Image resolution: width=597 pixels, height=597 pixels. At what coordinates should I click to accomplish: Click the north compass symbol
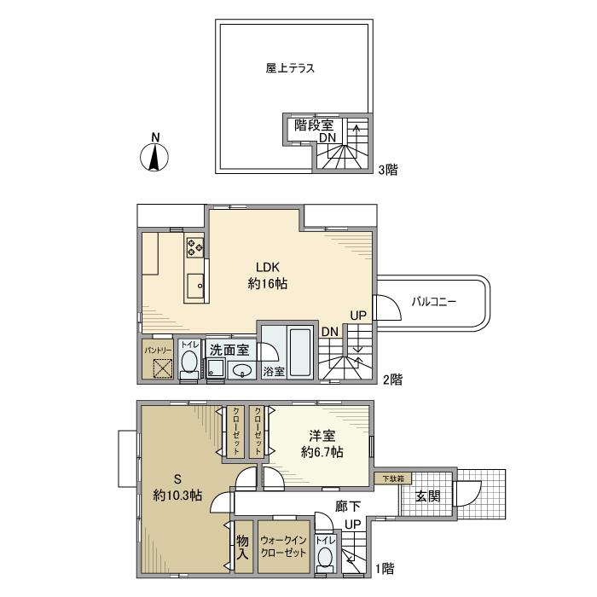pyautogui.click(x=154, y=154)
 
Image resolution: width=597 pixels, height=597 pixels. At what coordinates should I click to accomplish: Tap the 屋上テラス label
pyautogui.click(x=290, y=69)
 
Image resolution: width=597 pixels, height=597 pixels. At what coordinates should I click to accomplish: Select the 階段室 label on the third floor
pyautogui.click(x=314, y=125)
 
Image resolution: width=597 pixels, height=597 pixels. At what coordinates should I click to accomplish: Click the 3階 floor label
pyautogui.click(x=389, y=170)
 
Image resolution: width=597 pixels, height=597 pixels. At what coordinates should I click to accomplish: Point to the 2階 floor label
pyautogui.click(x=391, y=380)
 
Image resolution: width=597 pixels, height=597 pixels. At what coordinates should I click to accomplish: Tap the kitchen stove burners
pyautogui.click(x=195, y=246)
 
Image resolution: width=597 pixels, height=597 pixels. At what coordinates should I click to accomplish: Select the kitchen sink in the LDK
pyautogui.click(x=194, y=282)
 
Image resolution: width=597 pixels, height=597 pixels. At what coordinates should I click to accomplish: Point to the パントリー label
pyautogui.click(x=157, y=348)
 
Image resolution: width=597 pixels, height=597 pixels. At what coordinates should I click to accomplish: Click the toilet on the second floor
pyautogui.click(x=189, y=364)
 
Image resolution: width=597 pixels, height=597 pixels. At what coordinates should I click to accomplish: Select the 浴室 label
pyautogui.click(x=273, y=371)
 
